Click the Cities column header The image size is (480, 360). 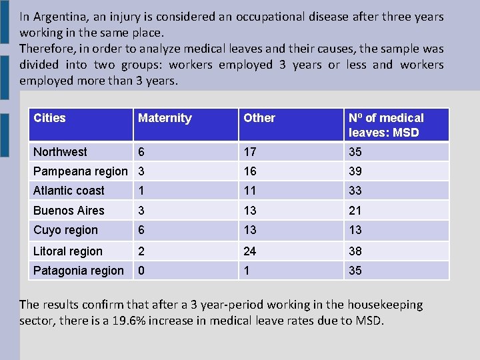click(x=49, y=118)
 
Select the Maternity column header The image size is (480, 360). click(x=165, y=119)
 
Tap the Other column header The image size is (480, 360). click(x=259, y=118)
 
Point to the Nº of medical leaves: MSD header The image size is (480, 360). click(x=386, y=125)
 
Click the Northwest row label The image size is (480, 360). click(x=60, y=152)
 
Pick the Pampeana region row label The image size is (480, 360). click(x=81, y=171)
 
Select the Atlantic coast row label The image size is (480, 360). click(x=69, y=191)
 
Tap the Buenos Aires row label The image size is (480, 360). click(x=69, y=211)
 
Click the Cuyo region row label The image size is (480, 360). click(x=65, y=230)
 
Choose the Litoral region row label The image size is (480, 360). click(x=67, y=251)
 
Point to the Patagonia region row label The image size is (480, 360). click(x=79, y=271)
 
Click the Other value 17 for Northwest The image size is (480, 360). click(x=250, y=152)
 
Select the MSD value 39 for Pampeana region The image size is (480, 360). click(x=355, y=171)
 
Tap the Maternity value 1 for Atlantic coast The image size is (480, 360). click(x=141, y=191)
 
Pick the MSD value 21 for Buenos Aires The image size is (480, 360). click(x=355, y=211)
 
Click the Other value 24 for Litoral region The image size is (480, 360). click(x=250, y=251)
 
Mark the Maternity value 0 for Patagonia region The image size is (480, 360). click(x=141, y=271)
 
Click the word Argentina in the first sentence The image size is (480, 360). click(x=61, y=17)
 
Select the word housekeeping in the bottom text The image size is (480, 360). click(x=385, y=305)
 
